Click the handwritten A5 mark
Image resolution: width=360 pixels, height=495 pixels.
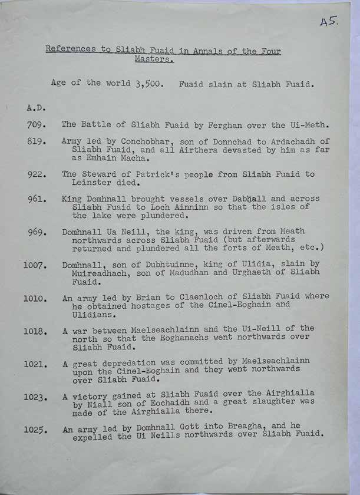point(328,22)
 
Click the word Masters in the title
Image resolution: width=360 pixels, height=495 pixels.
point(154,60)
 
